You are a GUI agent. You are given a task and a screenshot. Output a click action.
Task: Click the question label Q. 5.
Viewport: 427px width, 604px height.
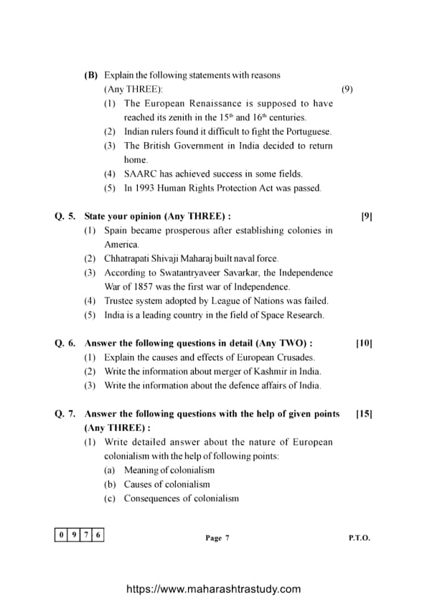(65, 216)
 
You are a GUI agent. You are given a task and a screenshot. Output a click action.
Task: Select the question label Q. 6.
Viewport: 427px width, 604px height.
(65, 344)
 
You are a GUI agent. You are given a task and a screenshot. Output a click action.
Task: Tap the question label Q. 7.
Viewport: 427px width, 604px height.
(65, 414)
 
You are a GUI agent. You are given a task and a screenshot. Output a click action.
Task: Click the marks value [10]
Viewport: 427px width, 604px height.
(364, 344)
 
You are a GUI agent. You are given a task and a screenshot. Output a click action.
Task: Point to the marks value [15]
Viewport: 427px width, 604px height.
(364, 414)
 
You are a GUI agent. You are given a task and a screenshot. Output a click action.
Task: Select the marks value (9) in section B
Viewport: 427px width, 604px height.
(347, 89)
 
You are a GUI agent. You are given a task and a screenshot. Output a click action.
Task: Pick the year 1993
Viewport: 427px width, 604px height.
(146, 188)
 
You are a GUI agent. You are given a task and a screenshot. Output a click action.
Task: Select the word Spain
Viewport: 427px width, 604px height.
(116, 230)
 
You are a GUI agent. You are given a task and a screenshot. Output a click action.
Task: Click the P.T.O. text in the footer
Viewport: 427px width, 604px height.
(360, 538)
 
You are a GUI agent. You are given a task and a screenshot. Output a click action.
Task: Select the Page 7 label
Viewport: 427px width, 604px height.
(217, 538)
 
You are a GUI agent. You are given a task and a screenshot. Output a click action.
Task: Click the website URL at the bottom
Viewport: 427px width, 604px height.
(213, 589)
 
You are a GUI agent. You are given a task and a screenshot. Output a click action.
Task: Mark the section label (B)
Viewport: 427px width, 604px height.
(90, 75)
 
